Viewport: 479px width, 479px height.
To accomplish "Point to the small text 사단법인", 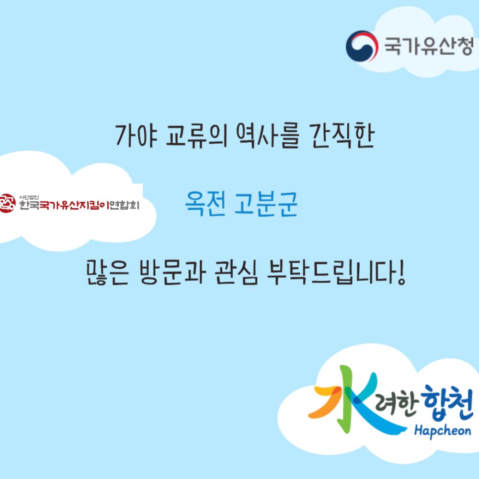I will [29, 197].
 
